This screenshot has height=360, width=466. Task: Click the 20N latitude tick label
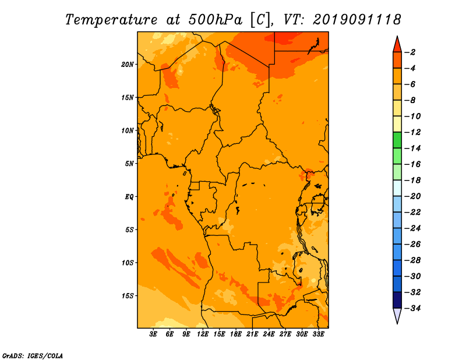pyautogui.click(x=128, y=65)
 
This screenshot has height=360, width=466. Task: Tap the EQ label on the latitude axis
pyautogui.click(x=129, y=197)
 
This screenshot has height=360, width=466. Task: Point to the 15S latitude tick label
pyautogui.click(x=128, y=296)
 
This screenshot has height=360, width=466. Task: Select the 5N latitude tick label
pyautogui.click(x=129, y=164)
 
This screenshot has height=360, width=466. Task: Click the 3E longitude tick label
pyautogui.click(x=153, y=334)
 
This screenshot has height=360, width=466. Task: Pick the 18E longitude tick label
pyautogui.click(x=236, y=334)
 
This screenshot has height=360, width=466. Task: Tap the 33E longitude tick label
pyautogui.click(x=318, y=334)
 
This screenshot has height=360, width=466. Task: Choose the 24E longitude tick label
pyautogui.click(x=269, y=334)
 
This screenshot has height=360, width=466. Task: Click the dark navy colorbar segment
pyautogui.click(x=397, y=300)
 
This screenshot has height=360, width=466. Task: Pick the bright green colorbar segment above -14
pyautogui.click(x=397, y=140)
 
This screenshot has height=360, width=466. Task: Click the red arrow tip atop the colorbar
pyautogui.click(x=397, y=37)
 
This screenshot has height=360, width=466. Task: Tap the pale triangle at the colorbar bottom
pyautogui.click(x=397, y=316)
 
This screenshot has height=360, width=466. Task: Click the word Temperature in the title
pyautogui.click(x=111, y=20)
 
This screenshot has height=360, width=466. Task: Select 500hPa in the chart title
pyautogui.click(x=216, y=20)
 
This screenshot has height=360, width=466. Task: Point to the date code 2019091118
pyautogui.click(x=357, y=19)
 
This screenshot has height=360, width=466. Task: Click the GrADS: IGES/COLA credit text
pyautogui.click(x=32, y=355)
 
